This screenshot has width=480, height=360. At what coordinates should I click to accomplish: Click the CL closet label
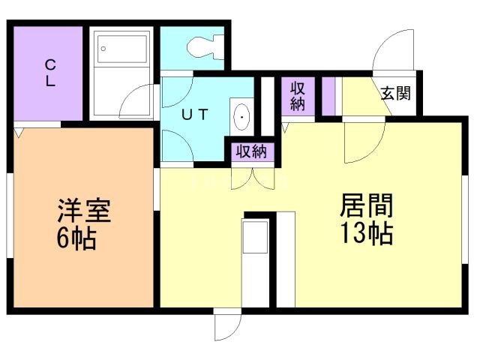tap(49, 73)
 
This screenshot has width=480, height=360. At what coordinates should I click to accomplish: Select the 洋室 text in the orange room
tap(84, 211)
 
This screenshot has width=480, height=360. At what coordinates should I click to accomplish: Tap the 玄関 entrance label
tap(395, 94)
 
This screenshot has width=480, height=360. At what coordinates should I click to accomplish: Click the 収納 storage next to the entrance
tap(297, 95)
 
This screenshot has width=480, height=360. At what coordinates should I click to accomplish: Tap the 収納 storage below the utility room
tap(251, 151)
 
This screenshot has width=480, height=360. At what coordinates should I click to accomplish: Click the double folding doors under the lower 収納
tap(250, 178)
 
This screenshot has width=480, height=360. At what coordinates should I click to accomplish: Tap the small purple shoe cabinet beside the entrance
tap(328, 95)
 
